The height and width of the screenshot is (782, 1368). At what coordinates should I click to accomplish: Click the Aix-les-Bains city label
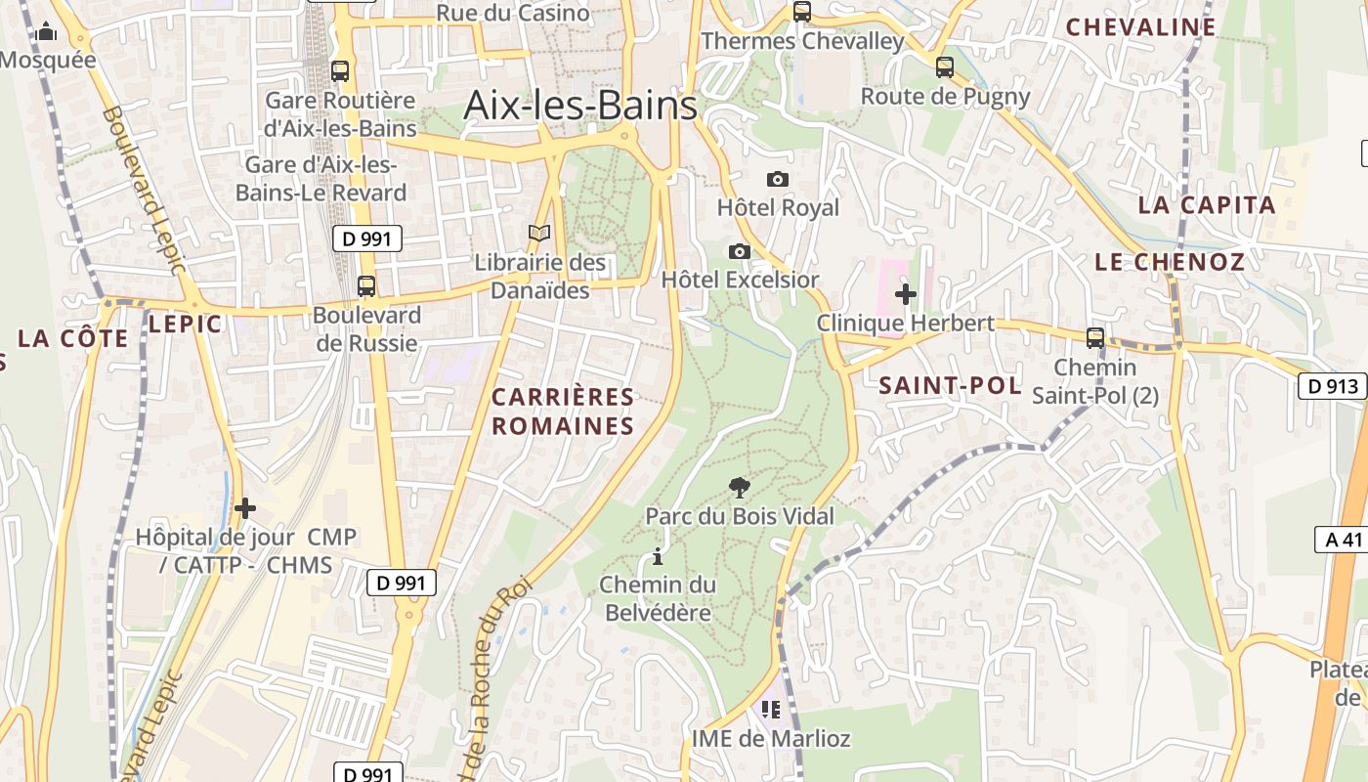point(580,105)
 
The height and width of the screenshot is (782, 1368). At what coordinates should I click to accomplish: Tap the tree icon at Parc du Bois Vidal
point(740,487)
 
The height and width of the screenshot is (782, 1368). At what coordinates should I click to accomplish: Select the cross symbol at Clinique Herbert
point(906,293)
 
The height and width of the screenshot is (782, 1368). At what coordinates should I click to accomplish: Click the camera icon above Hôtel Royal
point(778,179)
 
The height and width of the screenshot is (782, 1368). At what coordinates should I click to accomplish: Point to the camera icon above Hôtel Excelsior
point(740,251)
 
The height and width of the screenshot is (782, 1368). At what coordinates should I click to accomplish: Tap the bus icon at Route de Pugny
point(944,67)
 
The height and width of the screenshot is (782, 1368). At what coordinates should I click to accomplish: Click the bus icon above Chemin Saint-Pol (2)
point(1095,338)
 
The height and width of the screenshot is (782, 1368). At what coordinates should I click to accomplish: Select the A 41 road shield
point(1339,539)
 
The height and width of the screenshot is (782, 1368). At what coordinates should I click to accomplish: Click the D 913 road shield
point(1332,386)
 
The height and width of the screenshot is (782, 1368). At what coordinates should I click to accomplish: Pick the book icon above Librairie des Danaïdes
point(539,233)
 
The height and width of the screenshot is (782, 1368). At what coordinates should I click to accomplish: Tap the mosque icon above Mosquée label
point(46,33)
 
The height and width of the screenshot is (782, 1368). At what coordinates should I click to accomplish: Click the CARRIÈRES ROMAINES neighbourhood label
point(563,412)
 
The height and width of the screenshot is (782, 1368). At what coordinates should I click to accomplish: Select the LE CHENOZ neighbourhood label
point(1170,262)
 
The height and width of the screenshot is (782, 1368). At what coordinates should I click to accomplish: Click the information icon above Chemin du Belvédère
point(658,557)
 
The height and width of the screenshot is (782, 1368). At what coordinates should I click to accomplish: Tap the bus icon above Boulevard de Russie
point(366,286)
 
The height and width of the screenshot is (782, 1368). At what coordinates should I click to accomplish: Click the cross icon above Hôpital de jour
point(245,508)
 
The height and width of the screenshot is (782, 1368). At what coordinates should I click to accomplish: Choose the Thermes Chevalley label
point(803,41)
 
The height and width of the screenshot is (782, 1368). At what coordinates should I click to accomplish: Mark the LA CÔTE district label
point(72,339)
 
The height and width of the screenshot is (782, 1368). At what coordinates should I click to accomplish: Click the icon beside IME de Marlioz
point(771,710)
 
